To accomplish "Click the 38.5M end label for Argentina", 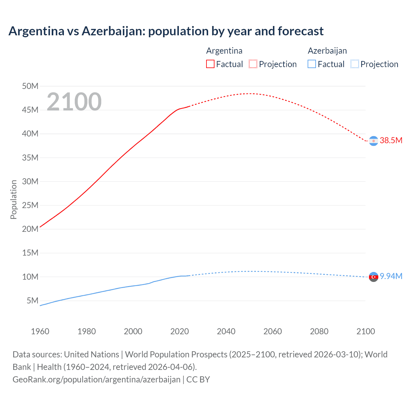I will click(x=391, y=141).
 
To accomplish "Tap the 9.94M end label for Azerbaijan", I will click(x=391, y=276).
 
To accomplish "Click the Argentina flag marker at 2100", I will click(x=373, y=141).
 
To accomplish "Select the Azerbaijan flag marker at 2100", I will click(x=373, y=277).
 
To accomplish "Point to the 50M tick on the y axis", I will click(x=30, y=86).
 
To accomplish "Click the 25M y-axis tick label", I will click(x=30, y=205).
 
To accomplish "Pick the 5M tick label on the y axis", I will click(x=32, y=301).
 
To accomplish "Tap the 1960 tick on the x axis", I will click(x=40, y=331).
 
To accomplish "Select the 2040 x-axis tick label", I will click(x=226, y=331).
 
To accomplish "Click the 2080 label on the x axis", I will click(x=319, y=331).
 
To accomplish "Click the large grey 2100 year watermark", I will click(x=74, y=102).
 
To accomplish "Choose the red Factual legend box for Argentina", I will click(x=210, y=64).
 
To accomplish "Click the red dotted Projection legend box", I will click(x=253, y=64).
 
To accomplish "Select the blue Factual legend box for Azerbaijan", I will click(x=312, y=64).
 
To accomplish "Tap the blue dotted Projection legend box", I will click(x=354, y=64).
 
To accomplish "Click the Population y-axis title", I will click(x=13, y=199).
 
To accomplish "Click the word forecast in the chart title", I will click(x=301, y=31).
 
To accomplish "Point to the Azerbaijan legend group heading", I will click(x=327, y=51).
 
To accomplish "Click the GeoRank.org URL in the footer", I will click(x=96, y=380).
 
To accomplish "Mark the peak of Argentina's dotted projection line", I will click(x=250, y=93).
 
